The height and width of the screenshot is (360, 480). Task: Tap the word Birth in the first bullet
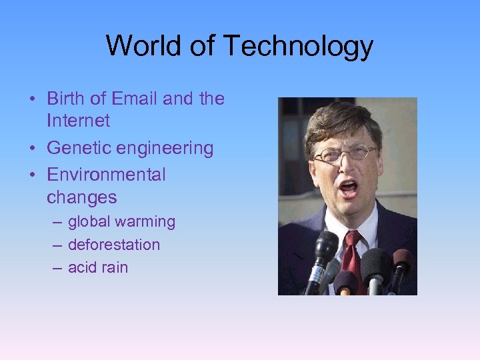67,99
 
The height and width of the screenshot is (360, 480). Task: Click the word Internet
78,121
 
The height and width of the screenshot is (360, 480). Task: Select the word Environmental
106,175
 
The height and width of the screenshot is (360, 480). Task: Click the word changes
81,198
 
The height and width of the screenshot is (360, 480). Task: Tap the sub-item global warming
121,222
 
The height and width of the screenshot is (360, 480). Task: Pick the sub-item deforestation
114,245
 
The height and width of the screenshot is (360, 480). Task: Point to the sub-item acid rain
97,268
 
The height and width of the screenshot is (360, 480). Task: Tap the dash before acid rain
55,268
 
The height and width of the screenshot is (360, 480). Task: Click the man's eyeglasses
344,154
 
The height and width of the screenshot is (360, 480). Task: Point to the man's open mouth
349,188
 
